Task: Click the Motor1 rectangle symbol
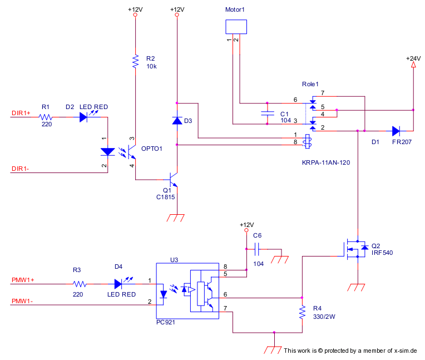tap(236, 27)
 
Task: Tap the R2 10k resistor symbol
tap(135, 61)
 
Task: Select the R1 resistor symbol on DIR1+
tap(46, 117)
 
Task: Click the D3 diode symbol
tap(177, 121)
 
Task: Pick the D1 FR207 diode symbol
tap(396, 131)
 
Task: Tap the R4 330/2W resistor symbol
tap(302, 313)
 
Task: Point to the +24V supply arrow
tap(413, 66)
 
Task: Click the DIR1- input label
tap(21, 169)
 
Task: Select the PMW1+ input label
tap(23, 280)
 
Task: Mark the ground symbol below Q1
tap(176, 218)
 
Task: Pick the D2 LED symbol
tap(83, 117)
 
